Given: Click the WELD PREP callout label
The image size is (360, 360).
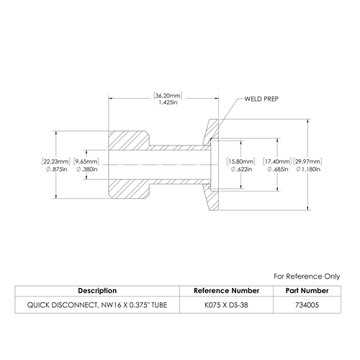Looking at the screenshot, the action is [261, 99].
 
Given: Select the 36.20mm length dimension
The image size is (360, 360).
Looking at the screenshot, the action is [168, 96].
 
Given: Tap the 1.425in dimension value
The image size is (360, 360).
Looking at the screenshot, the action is [168, 102].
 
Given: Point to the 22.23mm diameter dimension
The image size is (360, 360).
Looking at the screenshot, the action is [56, 161].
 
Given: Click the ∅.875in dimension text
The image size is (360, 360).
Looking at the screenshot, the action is [56, 169].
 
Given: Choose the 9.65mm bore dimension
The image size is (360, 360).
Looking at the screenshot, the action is [86, 161].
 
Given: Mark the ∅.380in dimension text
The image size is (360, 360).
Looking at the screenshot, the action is [87, 169].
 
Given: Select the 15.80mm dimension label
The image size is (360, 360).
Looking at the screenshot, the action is [240, 161].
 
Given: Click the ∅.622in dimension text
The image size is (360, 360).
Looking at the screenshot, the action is [241, 169].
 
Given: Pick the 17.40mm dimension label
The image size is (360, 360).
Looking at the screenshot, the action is [277, 161].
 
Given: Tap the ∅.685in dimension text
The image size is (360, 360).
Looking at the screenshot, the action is [278, 169].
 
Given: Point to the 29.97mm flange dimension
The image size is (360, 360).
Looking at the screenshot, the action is [307, 161].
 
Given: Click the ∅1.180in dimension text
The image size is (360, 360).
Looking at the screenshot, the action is [308, 169].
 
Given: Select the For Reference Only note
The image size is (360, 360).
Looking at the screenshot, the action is [307, 276].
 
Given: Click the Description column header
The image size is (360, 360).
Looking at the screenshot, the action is [97, 291].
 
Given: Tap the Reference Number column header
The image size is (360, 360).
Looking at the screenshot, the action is [226, 291].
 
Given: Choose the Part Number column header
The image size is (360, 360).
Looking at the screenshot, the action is [307, 291].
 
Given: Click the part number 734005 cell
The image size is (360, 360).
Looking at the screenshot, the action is [307, 305].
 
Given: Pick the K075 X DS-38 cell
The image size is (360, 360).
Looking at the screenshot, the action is [226, 305].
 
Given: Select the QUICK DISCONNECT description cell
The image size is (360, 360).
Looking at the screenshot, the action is [97, 305].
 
